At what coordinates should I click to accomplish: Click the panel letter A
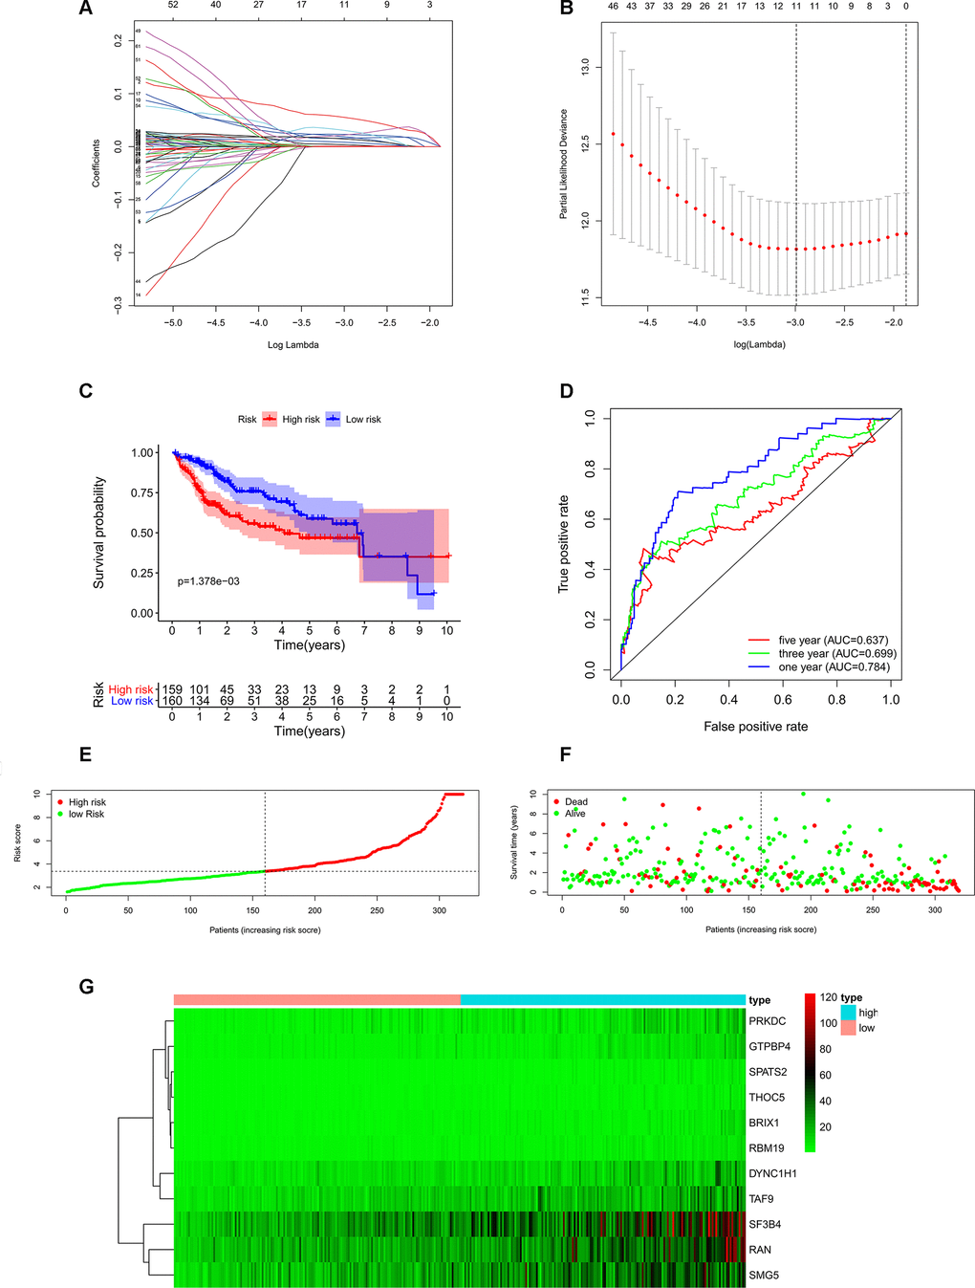click(86, 10)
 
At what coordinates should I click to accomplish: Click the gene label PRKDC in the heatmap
click(767, 1021)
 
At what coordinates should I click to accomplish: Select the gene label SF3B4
click(767, 1225)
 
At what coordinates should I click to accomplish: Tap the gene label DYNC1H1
click(772, 1173)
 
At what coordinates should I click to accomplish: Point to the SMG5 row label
click(764, 1276)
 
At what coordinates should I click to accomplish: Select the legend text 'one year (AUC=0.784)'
click(833, 667)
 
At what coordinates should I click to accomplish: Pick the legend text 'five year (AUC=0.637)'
click(833, 641)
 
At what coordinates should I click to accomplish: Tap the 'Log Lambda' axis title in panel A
click(292, 345)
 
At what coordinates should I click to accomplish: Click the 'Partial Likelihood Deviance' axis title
click(564, 164)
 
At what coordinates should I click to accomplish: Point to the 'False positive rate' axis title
click(755, 727)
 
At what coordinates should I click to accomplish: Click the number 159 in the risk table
click(172, 689)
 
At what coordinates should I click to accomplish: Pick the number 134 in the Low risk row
click(199, 701)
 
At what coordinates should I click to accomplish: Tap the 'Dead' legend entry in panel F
click(575, 802)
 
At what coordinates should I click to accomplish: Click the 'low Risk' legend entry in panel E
click(86, 814)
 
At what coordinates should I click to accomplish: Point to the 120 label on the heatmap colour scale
click(828, 997)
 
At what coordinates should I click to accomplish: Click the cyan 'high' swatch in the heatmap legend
click(848, 1012)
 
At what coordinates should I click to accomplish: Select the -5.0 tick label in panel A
click(172, 323)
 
